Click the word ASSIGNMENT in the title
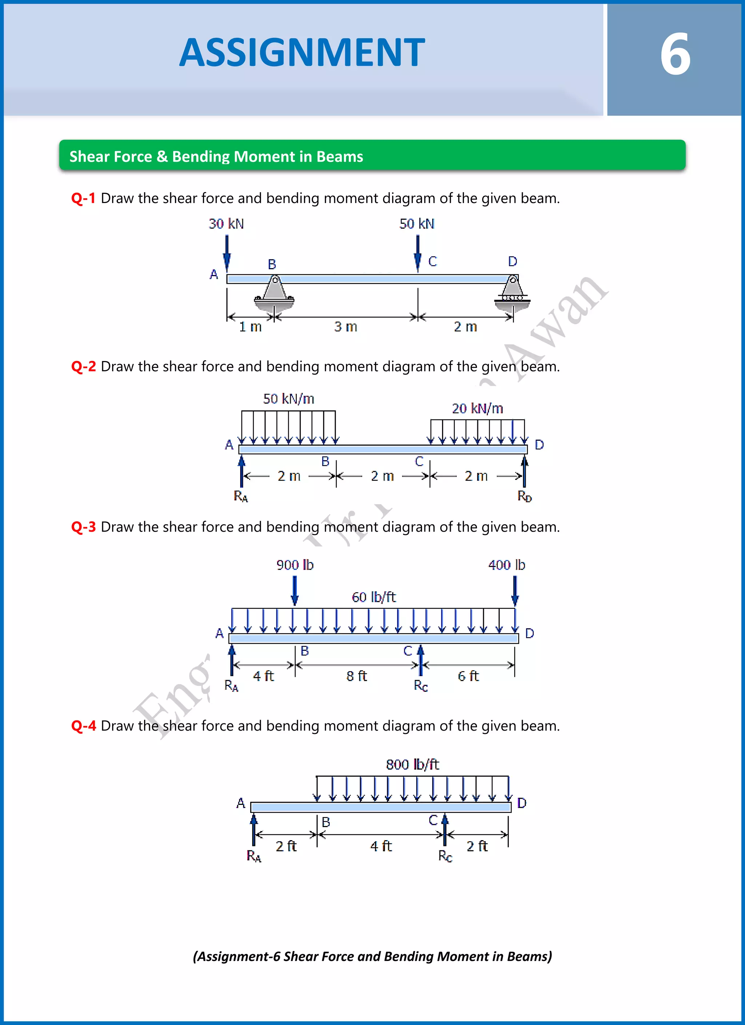pos(302,53)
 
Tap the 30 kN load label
pos(226,224)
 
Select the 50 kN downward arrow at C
pos(418,253)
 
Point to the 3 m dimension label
pos(346,327)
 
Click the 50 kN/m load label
pos(289,399)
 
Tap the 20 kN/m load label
pos(477,409)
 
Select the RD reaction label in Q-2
pos(525,496)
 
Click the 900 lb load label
pos(295,565)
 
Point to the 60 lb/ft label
pos(374,597)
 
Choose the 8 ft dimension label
pos(356,676)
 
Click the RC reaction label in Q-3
pos(421,686)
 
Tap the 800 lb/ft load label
pos(412,764)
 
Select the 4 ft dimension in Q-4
pos(381,846)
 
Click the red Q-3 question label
pos(84,527)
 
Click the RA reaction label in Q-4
pos(254,856)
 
